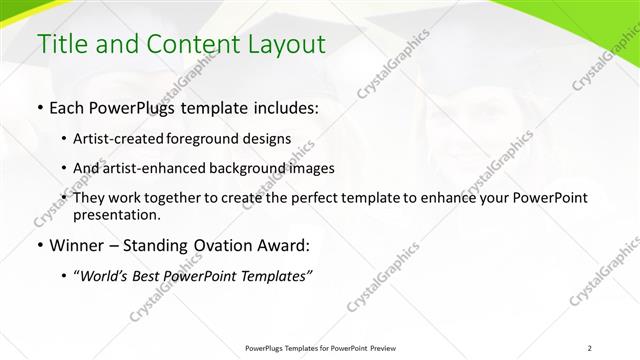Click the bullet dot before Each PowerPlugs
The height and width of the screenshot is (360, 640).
39,106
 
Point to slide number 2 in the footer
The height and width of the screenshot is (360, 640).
590,348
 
